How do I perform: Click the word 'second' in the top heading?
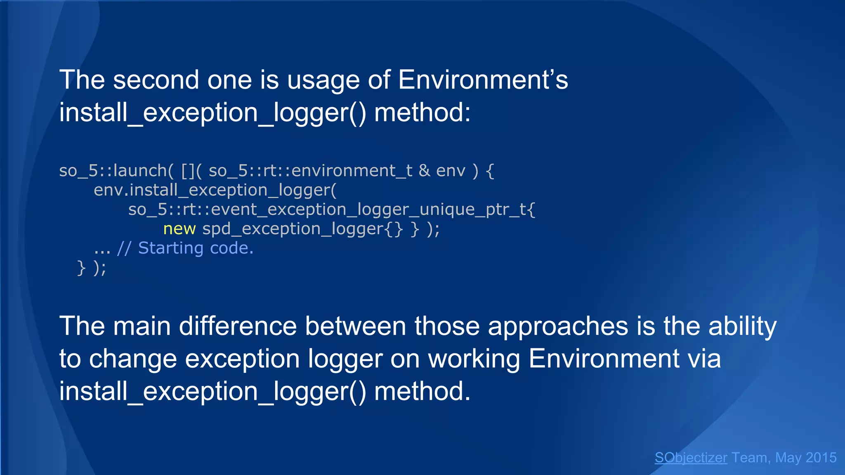(156, 80)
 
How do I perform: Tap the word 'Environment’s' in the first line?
(483, 80)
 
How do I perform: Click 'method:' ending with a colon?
(422, 113)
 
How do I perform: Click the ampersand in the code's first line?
(424, 171)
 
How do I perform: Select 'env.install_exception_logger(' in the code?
(215, 190)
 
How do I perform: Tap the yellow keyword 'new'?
(179, 229)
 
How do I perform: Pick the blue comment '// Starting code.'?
(185, 248)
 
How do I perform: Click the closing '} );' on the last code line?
(92, 268)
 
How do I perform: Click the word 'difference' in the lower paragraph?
(238, 326)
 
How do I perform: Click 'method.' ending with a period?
(422, 391)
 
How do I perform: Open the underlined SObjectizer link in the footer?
(691, 458)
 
